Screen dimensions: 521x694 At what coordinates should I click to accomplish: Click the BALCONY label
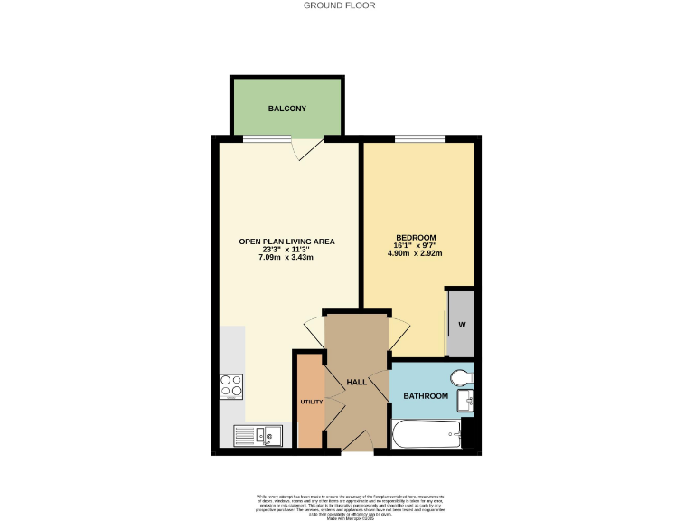tap(286, 109)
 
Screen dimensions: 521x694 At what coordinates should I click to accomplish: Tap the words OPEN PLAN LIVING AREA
tap(286, 241)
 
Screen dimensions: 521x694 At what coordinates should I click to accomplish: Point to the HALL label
tap(356, 383)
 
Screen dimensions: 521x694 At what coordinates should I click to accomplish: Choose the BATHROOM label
tap(426, 396)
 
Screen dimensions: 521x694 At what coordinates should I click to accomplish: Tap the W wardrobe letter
tap(462, 325)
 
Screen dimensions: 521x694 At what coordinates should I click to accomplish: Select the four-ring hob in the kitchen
tap(231, 387)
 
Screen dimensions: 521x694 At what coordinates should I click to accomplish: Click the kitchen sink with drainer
tap(258, 436)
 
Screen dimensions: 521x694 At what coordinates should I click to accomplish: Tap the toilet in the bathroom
tap(463, 376)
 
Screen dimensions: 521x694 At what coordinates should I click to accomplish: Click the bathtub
tap(427, 435)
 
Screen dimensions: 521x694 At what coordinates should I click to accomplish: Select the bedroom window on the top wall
tap(420, 138)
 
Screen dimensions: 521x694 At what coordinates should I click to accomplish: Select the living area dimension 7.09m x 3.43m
tap(286, 259)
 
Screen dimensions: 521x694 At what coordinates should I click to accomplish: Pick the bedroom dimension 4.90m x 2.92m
tap(416, 254)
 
